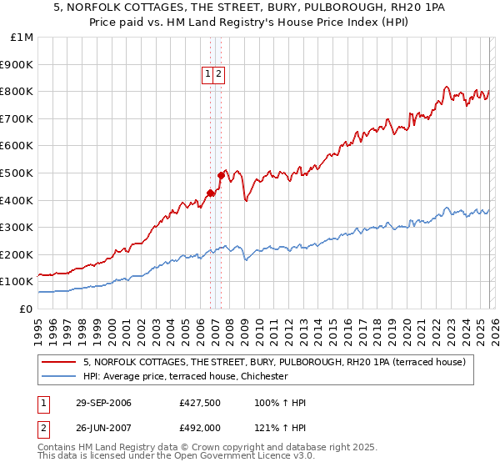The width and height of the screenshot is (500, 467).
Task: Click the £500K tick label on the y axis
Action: [17, 173]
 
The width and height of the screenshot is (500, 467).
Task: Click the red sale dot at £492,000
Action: [221, 175]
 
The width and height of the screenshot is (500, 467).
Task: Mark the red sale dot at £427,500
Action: [210, 193]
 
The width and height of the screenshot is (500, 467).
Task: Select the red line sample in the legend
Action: [58, 362]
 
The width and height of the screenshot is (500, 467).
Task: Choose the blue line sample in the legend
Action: [58, 376]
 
